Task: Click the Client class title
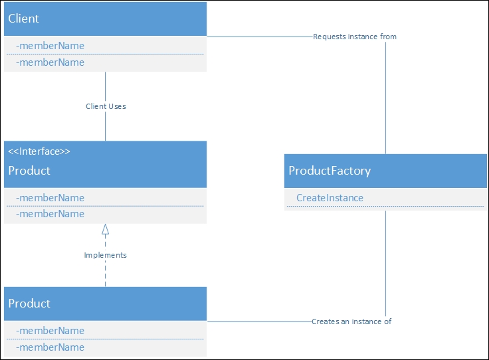23,19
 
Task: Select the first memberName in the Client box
50,46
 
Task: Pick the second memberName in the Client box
50,62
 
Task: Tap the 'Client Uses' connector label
106,106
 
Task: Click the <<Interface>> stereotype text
39,151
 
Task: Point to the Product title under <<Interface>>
29,171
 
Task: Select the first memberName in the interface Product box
50,198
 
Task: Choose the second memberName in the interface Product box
50,214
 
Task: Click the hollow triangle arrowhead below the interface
105,230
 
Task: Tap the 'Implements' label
105,255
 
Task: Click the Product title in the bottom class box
29,304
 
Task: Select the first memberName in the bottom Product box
50,331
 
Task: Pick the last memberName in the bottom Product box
50,347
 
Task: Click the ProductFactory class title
330,171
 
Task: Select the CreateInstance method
330,198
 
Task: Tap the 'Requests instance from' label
355,37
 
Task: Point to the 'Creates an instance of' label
351,321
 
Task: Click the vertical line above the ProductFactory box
385,100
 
